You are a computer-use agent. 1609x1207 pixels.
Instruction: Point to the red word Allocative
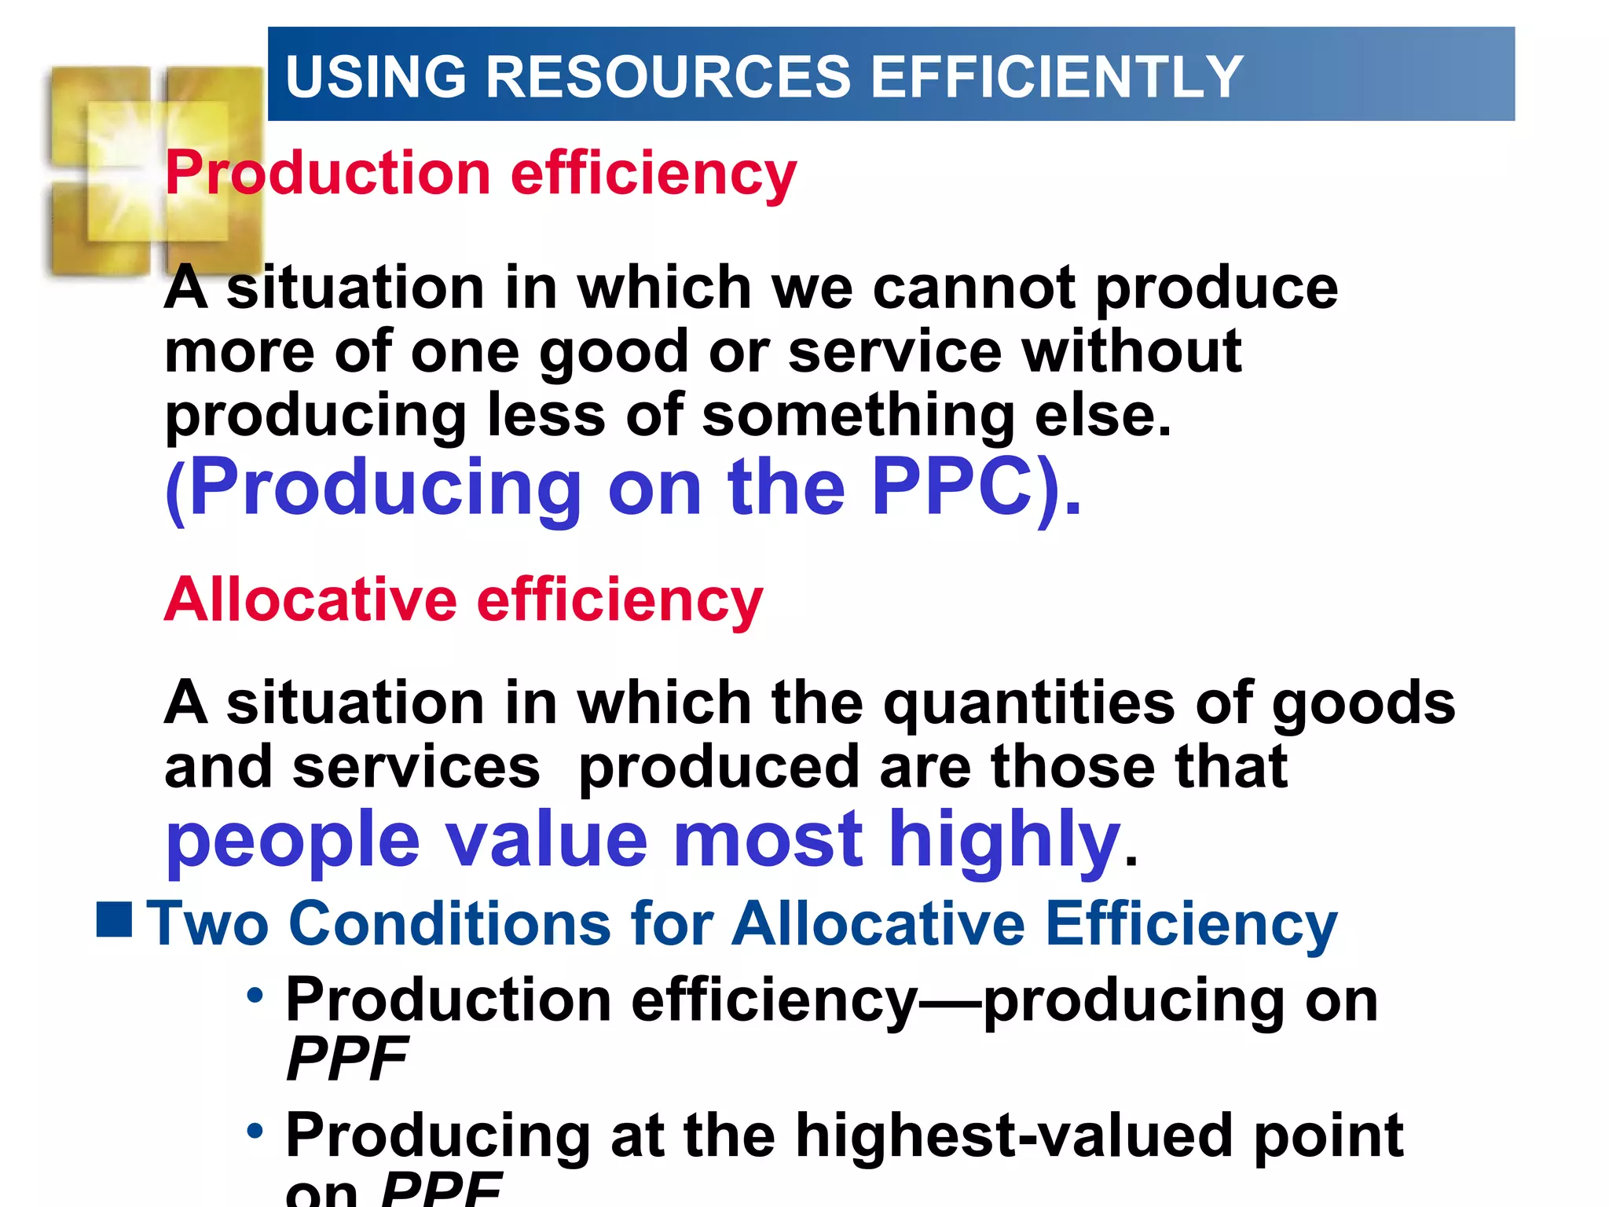point(310,600)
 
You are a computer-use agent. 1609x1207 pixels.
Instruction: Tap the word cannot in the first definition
point(973,288)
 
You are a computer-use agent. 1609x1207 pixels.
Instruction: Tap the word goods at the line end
point(1363,703)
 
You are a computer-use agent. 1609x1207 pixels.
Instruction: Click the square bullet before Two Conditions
point(114,920)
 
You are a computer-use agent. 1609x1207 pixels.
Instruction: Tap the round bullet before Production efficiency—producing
point(255,996)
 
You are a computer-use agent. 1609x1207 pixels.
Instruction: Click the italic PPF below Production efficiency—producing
point(346,1059)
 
